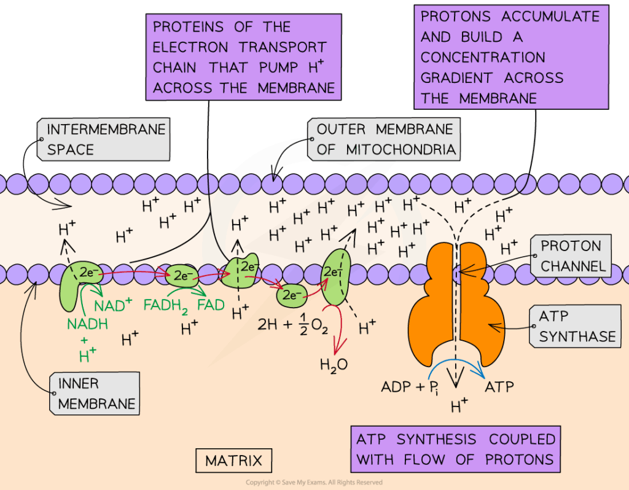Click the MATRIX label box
tap(233, 461)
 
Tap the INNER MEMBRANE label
tap(95, 394)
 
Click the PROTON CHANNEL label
tap(570, 256)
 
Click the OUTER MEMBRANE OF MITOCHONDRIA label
tap(385, 139)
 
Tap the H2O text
tap(333, 364)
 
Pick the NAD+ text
tap(113, 305)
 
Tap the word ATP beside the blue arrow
tap(499, 387)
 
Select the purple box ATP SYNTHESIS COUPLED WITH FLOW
tap(456, 449)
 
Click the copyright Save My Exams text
tap(314, 483)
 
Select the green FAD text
tap(211, 304)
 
